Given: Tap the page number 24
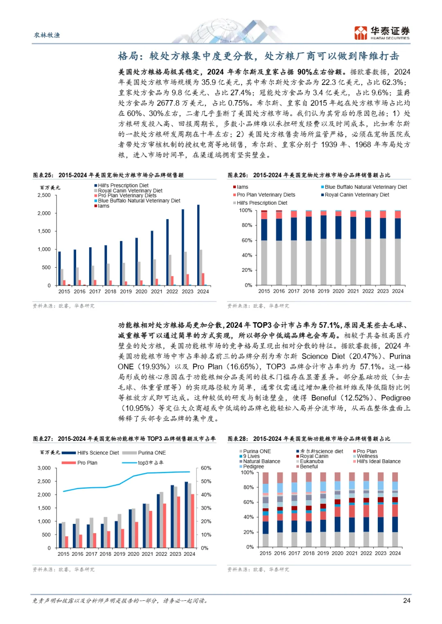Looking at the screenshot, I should pos(406,600).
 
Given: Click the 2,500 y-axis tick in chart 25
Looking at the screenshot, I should pos(44,195).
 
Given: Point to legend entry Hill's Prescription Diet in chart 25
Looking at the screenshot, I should pos(123,186).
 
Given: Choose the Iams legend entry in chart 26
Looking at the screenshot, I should pos(242,187).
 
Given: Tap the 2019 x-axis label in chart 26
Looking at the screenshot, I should pos(323,291).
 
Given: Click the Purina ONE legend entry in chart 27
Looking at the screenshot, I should pos(151,453).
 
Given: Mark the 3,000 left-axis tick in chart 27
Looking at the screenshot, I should pos(44,468).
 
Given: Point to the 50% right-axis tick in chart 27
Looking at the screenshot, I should pos(206,481).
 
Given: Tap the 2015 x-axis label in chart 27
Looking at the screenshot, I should pos(63,554).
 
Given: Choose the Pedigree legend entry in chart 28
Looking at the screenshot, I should pos(253,467).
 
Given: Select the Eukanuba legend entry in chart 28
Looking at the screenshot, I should pos(311,461).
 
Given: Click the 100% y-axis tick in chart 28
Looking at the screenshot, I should pos(247,472).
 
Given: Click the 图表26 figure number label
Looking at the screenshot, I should pos(238,175).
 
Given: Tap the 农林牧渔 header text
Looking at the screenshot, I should pos(47,35).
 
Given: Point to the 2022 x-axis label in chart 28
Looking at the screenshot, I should pos(366,553).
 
